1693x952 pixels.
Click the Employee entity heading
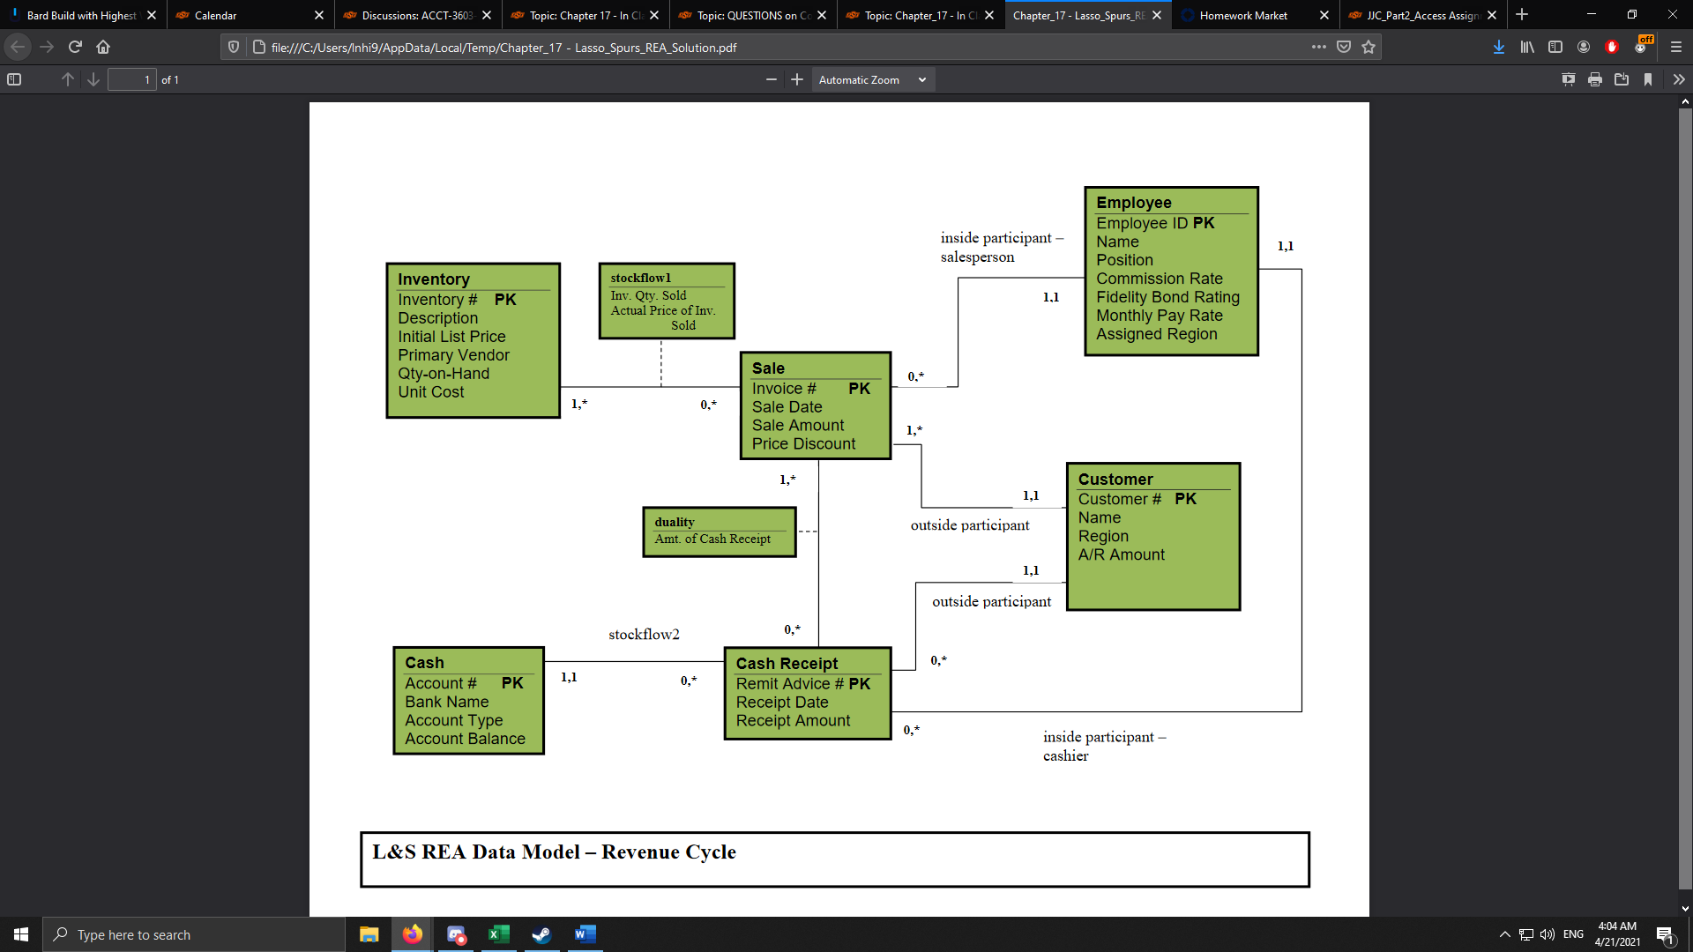1133,203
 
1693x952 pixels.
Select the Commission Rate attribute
1159,279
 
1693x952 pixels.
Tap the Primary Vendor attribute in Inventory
453,355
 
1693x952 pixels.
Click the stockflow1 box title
640,278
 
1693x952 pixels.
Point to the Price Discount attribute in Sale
803,444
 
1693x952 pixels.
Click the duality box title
675,522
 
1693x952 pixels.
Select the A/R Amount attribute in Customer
1121,554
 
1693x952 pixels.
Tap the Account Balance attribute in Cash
465,739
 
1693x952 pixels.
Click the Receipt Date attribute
782,703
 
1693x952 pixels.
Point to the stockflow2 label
644,635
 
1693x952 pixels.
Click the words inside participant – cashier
1104,746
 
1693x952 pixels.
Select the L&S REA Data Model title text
554,852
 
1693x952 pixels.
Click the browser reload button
75,47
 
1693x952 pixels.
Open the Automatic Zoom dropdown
872,79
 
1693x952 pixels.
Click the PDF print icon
1594,79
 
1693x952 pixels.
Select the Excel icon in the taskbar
498,934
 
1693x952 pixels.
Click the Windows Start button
21,934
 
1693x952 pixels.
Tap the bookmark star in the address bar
1369,47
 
